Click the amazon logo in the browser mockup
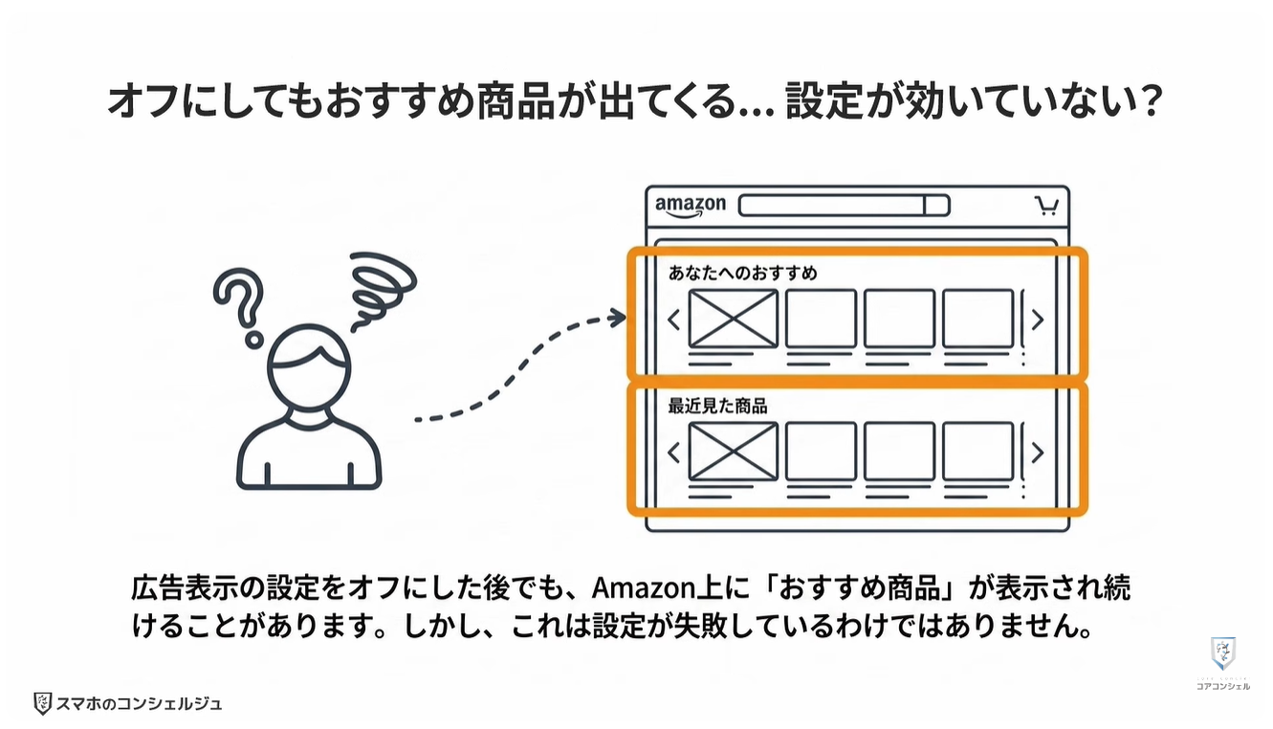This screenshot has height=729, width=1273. tap(690, 207)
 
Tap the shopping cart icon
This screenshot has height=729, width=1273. tap(1046, 206)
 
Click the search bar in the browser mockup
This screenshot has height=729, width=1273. tap(844, 206)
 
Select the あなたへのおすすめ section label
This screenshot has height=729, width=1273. tap(742, 273)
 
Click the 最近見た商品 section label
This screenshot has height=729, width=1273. tap(717, 406)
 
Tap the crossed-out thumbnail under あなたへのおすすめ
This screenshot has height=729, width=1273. tap(734, 319)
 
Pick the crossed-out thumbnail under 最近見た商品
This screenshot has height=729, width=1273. tap(734, 452)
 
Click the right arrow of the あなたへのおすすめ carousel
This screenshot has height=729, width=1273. tap(1038, 320)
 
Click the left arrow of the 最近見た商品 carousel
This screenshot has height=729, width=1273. tap(674, 453)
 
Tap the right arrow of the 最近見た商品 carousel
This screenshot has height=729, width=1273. tap(1038, 453)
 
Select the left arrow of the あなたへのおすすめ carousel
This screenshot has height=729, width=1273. tap(674, 320)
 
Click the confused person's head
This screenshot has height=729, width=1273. tap(309, 366)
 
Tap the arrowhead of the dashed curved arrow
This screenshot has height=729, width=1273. tap(617, 318)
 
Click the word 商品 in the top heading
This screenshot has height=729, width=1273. tap(516, 102)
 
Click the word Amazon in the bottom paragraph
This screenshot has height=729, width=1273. tap(644, 588)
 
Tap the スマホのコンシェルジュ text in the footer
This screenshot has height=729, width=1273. tap(139, 704)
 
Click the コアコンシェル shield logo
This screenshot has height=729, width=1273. tap(1223, 654)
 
